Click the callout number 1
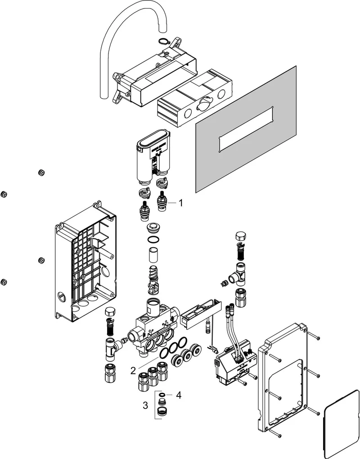pyautogui.click(x=181, y=203)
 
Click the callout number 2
pyautogui.click(x=133, y=371)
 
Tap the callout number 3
pyautogui.click(x=145, y=405)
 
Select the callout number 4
pyautogui.click(x=178, y=395)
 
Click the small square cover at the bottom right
pyautogui.click(x=340, y=424)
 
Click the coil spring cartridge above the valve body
pyautogui.click(x=153, y=280)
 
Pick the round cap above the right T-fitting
pyautogui.click(x=241, y=236)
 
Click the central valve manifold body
pyautogui.click(x=155, y=328)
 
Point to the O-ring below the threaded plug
pyautogui.click(x=153, y=240)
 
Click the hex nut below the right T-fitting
pyautogui.click(x=241, y=298)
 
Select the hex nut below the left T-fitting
pyautogui.click(x=110, y=373)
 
